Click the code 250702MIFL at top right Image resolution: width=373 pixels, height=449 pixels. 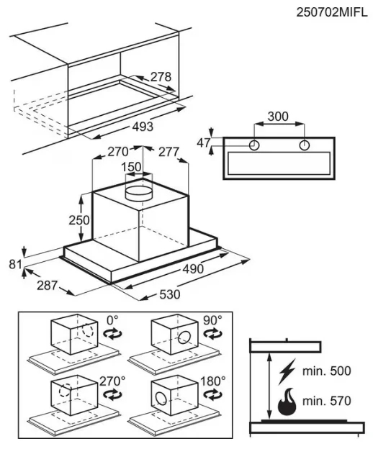[x=332, y=12]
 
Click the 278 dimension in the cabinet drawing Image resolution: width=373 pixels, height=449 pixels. [x=161, y=77]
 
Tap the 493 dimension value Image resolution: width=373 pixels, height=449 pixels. [x=143, y=127]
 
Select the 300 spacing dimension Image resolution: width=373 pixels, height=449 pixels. [x=278, y=117]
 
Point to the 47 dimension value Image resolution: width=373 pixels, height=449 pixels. [x=204, y=142]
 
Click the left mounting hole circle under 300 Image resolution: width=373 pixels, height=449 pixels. [x=253, y=145]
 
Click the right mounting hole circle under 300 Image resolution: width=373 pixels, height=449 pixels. [x=305, y=145]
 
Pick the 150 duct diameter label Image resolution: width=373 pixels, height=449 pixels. [x=131, y=167]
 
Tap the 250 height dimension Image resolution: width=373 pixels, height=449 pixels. [x=79, y=220]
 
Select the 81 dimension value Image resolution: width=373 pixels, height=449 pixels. [x=15, y=264]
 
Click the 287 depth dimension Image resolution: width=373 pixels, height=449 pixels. [x=48, y=285]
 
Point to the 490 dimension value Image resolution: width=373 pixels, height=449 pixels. [x=193, y=269]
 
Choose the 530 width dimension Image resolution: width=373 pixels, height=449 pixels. [x=170, y=294]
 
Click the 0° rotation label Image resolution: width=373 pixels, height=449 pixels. [x=112, y=320]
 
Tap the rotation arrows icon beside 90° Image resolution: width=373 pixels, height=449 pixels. [x=212, y=334]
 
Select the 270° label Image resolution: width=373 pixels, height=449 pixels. [x=112, y=381]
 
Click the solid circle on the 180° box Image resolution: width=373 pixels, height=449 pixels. [x=161, y=399]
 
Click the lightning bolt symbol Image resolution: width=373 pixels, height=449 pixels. [x=287, y=372]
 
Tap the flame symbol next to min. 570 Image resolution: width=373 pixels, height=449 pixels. [x=287, y=402]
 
